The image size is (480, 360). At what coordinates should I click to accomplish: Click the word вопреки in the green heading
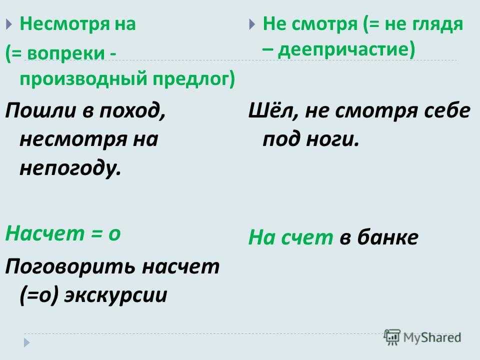tap(65, 53)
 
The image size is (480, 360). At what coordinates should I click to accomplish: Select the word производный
tap(83, 78)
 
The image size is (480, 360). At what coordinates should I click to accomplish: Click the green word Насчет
tap(44, 233)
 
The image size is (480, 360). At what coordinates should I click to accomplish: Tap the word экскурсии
tap(115, 295)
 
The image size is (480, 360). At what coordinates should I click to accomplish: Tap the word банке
tap(387, 237)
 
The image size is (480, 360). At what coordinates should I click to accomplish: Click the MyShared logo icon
tap(392, 337)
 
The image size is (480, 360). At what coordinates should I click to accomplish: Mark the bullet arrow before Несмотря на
tap(8, 24)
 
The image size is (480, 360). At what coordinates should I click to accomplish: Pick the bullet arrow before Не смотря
tap(251, 24)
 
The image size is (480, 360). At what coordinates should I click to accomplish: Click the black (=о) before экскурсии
tap(39, 295)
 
